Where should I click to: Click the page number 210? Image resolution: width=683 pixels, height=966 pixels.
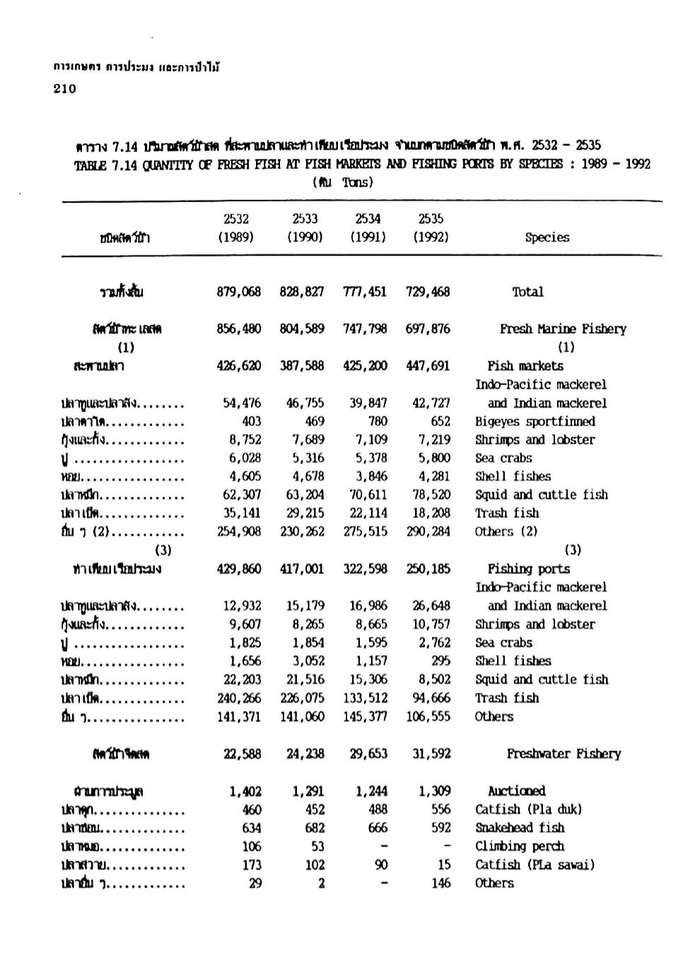pyautogui.click(x=64, y=88)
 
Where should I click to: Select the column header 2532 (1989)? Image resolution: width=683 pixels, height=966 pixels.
pyautogui.click(x=235, y=228)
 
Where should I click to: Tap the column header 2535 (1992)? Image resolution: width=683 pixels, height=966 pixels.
pyautogui.click(x=431, y=228)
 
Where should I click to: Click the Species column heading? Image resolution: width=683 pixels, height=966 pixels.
pyautogui.click(x=547, y=237)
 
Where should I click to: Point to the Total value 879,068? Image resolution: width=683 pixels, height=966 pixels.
pyautogui.click(x=238, y=292)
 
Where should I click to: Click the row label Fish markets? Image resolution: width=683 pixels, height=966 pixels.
pyautogui.click(x=525, y=366)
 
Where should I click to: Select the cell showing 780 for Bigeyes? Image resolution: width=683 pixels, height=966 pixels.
pyautogui.click(x=378, y=421)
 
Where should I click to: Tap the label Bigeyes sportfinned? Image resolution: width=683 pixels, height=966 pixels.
pyautogui.click(x=535, y=421)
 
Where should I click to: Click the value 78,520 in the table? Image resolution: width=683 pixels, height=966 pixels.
pyautogui.click(x=431, y=495)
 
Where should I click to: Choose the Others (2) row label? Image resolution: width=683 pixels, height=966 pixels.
pyautogui.click(x=506, y=531)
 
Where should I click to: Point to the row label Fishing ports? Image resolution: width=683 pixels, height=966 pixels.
pyautogui.click(x=528, y=569)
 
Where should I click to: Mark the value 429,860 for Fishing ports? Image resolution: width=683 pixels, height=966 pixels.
pyautogui.click(x=238, y=569)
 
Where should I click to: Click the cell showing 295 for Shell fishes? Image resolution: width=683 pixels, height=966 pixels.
pyautogui.click(x=440, y=661)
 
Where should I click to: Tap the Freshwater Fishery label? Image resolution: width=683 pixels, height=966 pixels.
pyautogui.click(x=564, y=754)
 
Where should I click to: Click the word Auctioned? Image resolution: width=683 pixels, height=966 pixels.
pyautogui.click(x=516, y=791)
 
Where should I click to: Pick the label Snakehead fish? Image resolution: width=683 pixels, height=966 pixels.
pyautogui.click(x=520, y=827)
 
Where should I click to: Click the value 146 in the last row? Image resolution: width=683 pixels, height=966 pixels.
pyautogui.click(x=440, y=883)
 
